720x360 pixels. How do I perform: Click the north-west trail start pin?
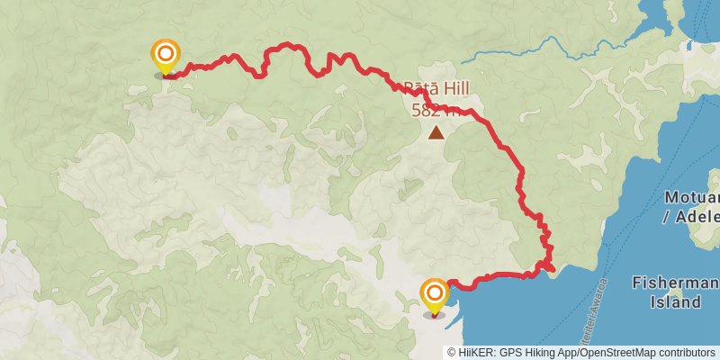tap(165, 57)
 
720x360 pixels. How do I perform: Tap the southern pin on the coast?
tap(435, 294)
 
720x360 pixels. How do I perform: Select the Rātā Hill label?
tap(436, 90)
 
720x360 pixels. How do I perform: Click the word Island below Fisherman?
tap(676, 302)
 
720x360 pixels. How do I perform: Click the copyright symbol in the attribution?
tap(453, 352)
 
